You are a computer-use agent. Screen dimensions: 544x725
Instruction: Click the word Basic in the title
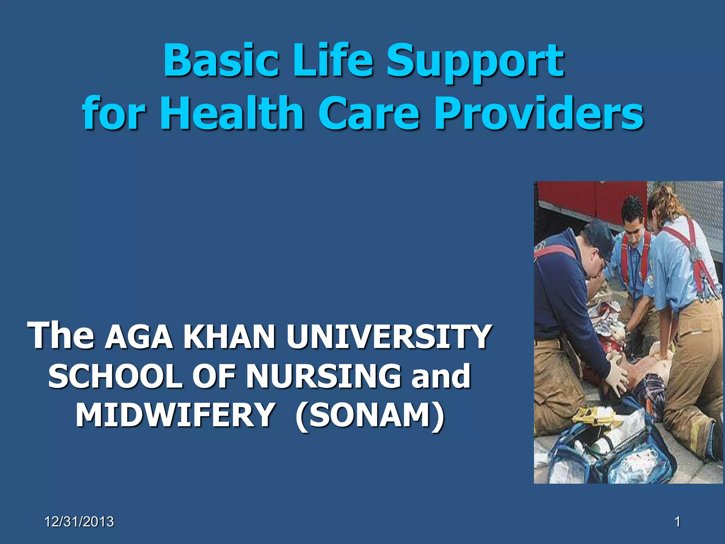tap(221, 60)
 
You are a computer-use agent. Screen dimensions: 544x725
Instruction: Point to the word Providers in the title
tap(538, 113)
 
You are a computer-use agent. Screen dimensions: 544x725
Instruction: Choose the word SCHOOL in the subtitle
tap(115, 376)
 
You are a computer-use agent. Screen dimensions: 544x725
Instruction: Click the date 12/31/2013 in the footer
tap(79, 522)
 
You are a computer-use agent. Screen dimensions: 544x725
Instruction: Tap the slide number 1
tap(677, 522)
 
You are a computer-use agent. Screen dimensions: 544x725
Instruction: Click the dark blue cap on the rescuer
tap(598, 236)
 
